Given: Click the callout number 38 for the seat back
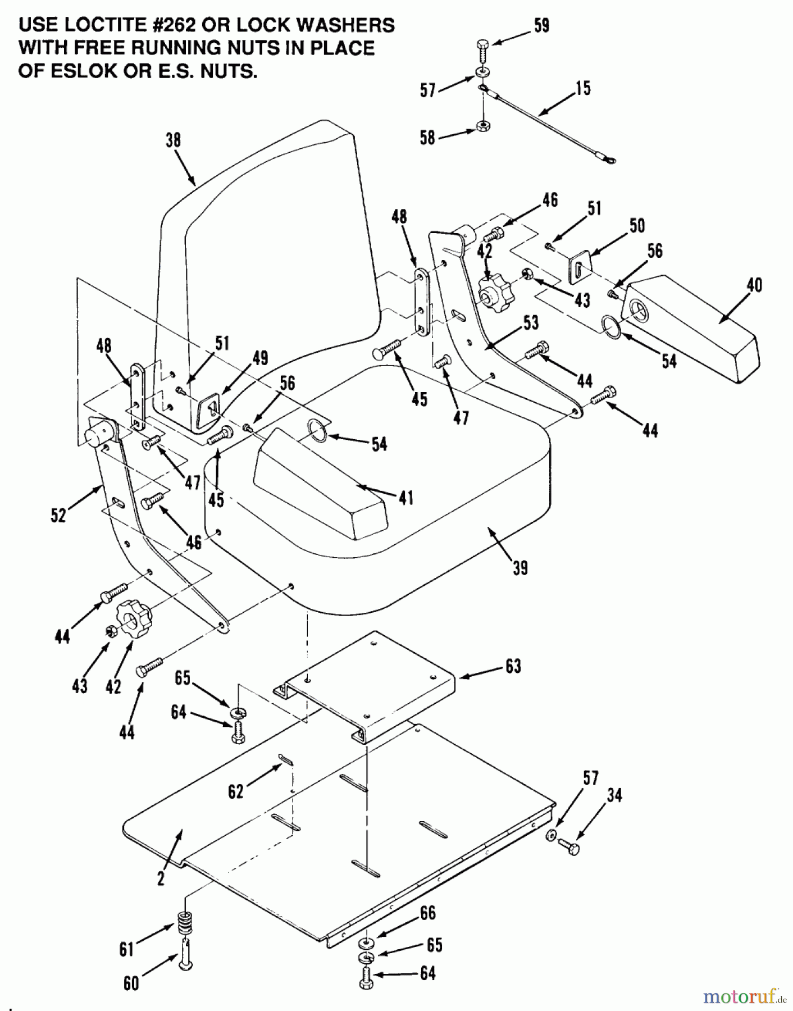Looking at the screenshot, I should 173,140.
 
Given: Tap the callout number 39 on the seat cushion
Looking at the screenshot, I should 520,568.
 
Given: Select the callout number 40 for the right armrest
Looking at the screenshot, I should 754,285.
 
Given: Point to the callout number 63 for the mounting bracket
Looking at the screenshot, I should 513,666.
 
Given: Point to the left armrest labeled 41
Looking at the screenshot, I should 320,477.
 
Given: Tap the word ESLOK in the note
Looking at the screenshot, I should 81,71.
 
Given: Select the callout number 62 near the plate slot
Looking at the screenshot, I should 236,791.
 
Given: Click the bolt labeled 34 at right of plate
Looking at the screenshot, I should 570,847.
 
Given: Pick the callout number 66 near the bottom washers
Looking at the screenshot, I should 427,913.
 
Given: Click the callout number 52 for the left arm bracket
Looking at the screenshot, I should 58,514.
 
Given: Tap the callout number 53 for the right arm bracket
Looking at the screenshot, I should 530,322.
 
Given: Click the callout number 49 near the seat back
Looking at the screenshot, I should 260,358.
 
